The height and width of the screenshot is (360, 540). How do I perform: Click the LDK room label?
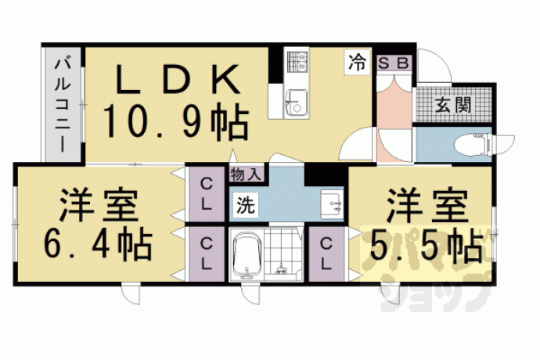[178, 80]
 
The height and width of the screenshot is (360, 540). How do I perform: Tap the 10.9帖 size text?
[176, 122]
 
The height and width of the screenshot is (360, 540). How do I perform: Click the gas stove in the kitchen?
[297, 62]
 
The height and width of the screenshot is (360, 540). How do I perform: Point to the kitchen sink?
[297, 103]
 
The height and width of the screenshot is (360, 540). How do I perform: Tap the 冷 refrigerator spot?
[358, 63]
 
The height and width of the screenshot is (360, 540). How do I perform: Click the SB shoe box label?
[394, 63]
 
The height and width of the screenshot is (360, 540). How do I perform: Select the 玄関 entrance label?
[453, 104]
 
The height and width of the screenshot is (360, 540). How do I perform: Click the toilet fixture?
[473, 144]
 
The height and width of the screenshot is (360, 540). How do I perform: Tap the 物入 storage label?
[247, 174]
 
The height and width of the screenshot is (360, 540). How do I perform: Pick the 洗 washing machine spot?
[246, 206]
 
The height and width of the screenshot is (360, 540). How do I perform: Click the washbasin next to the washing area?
[332, 204]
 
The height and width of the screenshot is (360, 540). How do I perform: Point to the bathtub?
[247, 255]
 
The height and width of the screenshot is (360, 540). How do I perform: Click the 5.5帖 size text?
[426, 245]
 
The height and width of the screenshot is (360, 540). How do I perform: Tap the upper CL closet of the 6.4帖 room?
[206, 195]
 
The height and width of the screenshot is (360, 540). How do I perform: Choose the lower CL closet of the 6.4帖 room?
[206, 254]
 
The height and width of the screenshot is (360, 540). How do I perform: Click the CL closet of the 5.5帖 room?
[326, 254]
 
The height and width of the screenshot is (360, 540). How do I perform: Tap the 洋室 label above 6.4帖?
[99, 206]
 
